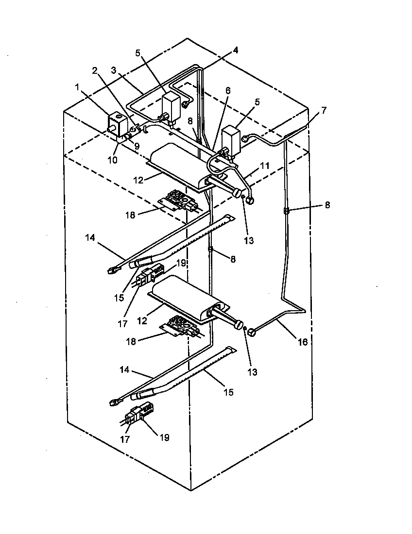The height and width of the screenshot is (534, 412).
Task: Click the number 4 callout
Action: tap(235, 50)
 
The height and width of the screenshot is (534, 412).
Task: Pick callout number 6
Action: tap(227, 90)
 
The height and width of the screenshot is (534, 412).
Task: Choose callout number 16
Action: tap(302, 342)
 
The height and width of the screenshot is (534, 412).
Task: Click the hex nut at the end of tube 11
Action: tap(251, 199)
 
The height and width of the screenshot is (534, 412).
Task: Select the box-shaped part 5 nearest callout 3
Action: tap(171, 104)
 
